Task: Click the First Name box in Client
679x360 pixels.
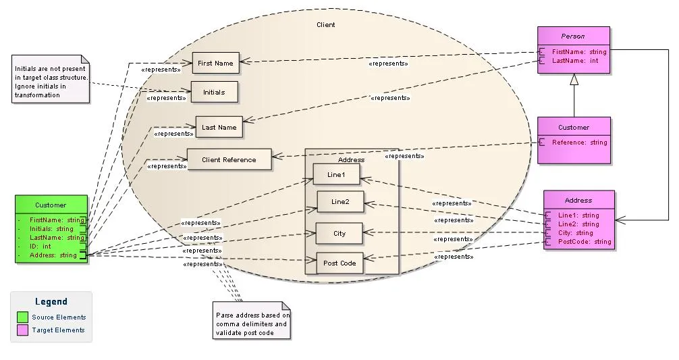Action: (215, 63)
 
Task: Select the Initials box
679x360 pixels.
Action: (214, 92)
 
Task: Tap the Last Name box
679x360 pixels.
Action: (219, 127)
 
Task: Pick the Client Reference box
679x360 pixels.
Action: (229, 159)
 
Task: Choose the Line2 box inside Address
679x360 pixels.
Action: (340, 201)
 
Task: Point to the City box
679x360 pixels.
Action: (339, 233)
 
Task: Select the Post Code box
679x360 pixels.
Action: (340, 263)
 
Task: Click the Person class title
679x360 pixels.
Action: (573, 36)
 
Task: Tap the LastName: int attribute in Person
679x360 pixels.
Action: (575, 61)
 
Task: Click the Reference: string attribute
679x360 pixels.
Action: (579, 143)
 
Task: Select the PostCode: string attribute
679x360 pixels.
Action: (584, 241)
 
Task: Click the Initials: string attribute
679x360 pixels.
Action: (51, 229)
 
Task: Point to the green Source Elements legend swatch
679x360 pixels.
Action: (22, 317)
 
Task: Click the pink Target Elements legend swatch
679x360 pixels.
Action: (22, 330)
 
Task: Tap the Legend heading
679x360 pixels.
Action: (51, 302)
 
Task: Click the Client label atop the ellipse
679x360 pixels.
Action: (325, 25)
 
